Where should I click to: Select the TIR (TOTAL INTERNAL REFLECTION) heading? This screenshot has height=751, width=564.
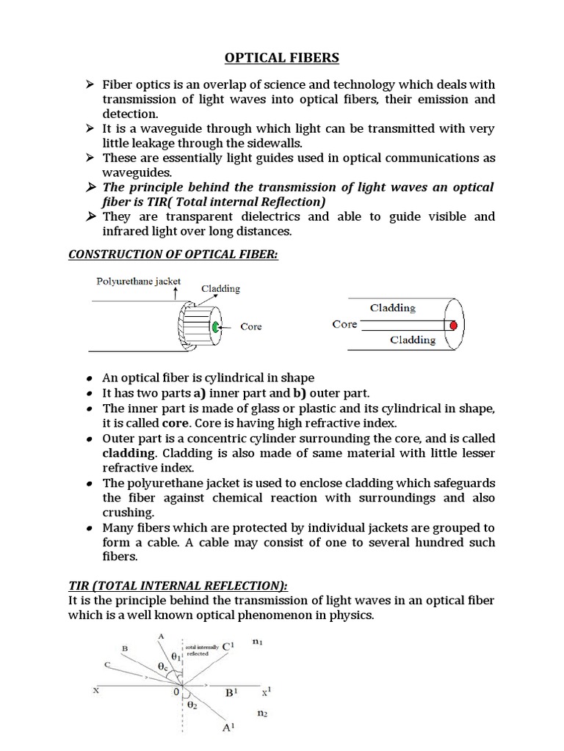(x=178, y=585)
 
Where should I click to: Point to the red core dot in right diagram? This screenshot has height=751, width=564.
(x=454, y=325)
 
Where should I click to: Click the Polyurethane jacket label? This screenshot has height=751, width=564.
(x=137, y=281)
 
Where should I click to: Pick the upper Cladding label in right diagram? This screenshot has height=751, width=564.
(x=393, y=308)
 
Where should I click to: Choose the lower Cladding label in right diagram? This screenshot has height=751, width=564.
(x=413, y=340)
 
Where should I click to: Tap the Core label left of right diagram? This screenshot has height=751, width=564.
(x=344, y=324)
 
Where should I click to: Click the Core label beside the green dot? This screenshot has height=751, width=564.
(x=251, y=327)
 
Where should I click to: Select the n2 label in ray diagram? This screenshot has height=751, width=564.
(x=262, y=712)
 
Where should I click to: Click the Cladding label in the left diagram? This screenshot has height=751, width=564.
(x=220, y=288)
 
